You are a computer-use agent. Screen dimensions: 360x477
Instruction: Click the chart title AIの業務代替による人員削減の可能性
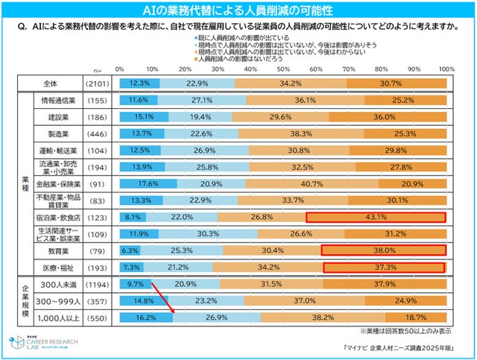238,10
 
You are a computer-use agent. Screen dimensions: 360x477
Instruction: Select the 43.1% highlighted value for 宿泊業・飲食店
376,217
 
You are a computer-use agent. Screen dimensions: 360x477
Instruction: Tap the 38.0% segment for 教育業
382,250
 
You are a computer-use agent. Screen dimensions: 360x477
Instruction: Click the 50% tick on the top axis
282,69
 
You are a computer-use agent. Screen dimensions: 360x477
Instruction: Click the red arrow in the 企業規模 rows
162,297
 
